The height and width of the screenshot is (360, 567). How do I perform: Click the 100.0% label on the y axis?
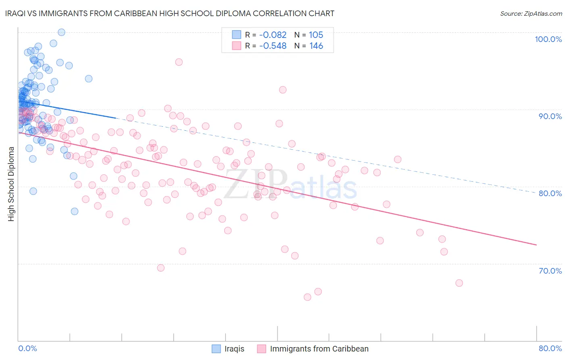[548, 39]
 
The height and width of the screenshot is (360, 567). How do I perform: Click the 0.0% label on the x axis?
[27, 348]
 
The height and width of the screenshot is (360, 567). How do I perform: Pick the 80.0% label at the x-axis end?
[550, 348]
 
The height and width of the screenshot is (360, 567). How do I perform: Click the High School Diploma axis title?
[11, 184]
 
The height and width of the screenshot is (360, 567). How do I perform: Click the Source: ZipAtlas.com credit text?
[531, 13]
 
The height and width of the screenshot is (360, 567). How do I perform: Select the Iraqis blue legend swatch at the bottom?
[216, 349]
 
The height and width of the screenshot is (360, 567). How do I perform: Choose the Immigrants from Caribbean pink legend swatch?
[262, 349]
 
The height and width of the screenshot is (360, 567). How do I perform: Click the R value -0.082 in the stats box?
[273, 35]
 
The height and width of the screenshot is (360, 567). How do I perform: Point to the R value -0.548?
[273, 46]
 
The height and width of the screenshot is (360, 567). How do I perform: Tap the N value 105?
[316, 35]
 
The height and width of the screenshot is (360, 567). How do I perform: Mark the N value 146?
[316, 46]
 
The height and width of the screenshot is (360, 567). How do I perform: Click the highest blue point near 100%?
[61, 32]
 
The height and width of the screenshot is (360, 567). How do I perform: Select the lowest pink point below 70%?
[307, 297]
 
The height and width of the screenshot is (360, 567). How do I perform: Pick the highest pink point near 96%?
[179, 62]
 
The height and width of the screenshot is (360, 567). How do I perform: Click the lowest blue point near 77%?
[74, 211]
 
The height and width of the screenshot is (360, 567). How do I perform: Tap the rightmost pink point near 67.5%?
[459, 283]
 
